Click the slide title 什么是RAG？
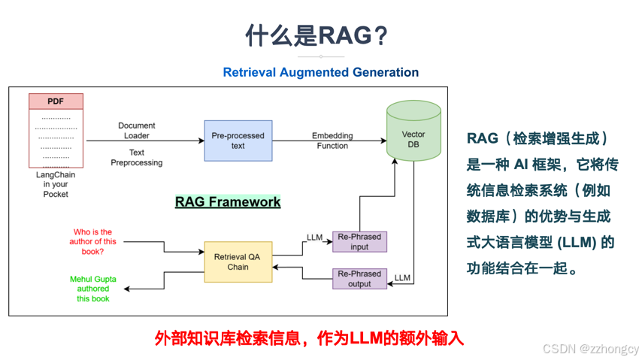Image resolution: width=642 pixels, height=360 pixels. pyautogui.click(x=320, y=35)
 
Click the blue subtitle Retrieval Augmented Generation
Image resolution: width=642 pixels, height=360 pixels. pyautogui.click(x=320, y=72)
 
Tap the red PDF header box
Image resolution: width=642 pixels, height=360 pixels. pyautogui.click(x=56, y=101)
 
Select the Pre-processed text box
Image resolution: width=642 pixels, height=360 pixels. pyautogui.click(x=238, y=141)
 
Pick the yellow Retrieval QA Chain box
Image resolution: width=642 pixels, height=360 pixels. pyautogui.click(x=238, y=262)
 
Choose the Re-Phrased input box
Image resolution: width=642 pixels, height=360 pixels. pyautogui.click(x=359, y=241)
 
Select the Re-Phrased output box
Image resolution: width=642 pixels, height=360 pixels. pyautogui.click(x=359, y=279)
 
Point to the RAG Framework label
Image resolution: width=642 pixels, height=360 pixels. pyautogui.click(x=228, y=201)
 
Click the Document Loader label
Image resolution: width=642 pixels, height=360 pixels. pyautogui.click(x=137, y=131)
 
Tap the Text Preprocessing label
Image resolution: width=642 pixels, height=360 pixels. pyautogui.click(x=137, y=157)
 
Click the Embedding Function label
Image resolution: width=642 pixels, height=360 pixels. pyautogui.click(x=332, y=141)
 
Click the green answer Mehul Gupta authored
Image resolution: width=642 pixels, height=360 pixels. pyautogui.click(x=92, y=289)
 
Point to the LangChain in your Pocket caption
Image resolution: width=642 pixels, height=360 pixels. pyautogui.click(x=56, y=184)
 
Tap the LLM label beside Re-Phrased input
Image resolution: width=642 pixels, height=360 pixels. pyautogui.click(x=315, y=237)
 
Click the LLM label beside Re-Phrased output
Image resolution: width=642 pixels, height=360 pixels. pyautogui.click(x=402, y=278)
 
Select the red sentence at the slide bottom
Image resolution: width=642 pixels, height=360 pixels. pyautogui.click(x=309, y=337)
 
